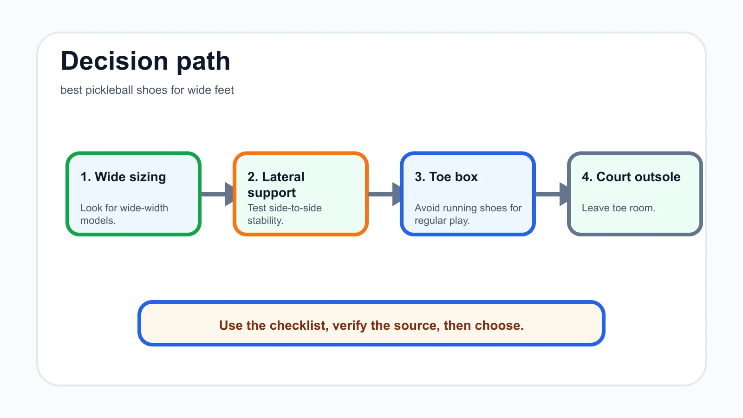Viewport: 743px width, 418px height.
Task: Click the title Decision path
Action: (145, 61)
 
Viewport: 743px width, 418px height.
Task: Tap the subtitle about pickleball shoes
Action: (147, 90)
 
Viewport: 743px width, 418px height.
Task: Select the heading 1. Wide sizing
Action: (123, 177)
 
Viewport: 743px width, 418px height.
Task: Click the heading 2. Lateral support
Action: (276, 184)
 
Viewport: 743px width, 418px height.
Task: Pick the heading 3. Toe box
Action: (446, 177)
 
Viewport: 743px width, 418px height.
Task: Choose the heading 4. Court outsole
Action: (631, 177)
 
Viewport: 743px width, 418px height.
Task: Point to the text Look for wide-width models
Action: (124, 214)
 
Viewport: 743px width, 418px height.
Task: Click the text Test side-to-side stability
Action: (285, 214)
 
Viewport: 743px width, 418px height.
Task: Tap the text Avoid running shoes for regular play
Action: (468, 214)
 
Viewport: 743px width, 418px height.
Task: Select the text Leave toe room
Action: (619, 208)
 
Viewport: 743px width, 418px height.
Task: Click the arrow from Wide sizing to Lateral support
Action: (218, 194)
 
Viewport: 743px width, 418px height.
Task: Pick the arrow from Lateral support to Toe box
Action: (385, 194)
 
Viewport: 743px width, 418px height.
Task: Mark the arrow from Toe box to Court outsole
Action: (552, 194)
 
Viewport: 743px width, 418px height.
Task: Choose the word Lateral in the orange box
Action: (283, 177)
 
